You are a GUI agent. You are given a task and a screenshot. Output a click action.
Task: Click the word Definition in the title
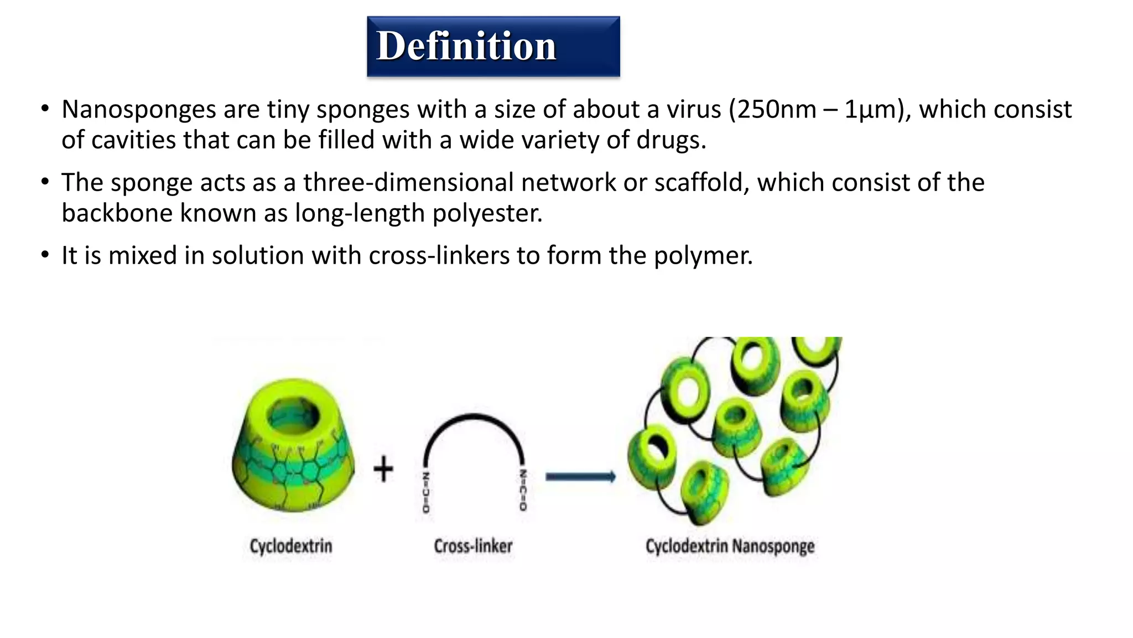[466, 46]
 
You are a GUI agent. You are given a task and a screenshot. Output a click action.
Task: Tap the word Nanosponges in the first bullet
[138, 110]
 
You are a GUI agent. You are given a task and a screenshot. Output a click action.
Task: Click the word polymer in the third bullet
[703, 256]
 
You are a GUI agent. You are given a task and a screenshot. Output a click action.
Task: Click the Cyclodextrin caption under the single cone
[291, 546]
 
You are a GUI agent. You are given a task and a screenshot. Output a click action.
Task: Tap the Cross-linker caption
[473, 546]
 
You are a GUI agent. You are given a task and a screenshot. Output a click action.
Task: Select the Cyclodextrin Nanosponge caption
[730, 546]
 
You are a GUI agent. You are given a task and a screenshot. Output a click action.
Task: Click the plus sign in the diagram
[383, 469]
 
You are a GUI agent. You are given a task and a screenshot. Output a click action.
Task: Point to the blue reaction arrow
[580, 477]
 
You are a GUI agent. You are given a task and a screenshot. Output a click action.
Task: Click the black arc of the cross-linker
[474, 416]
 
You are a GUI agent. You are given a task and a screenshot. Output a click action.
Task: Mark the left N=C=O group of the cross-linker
[425, 492]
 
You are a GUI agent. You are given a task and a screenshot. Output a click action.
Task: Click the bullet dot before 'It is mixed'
[45, 256]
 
